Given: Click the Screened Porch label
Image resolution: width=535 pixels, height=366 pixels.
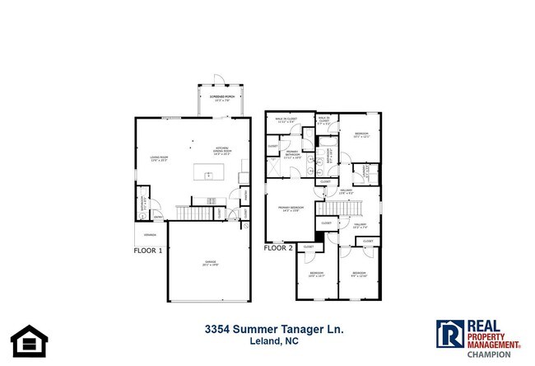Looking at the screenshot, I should pyautogui.click(x=219, y=97).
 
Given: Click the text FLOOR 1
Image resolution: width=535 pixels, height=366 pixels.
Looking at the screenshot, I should pyautogui.click(x=148, y=249).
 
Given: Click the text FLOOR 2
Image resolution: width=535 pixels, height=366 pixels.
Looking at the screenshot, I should pyautogui.click(x=278, y=247).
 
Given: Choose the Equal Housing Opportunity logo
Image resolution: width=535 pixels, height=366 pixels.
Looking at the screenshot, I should pyautogui.click(x=26, y=340).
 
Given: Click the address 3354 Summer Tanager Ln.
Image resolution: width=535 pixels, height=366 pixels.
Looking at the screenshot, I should pyautogui.click(x=273, y=329).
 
